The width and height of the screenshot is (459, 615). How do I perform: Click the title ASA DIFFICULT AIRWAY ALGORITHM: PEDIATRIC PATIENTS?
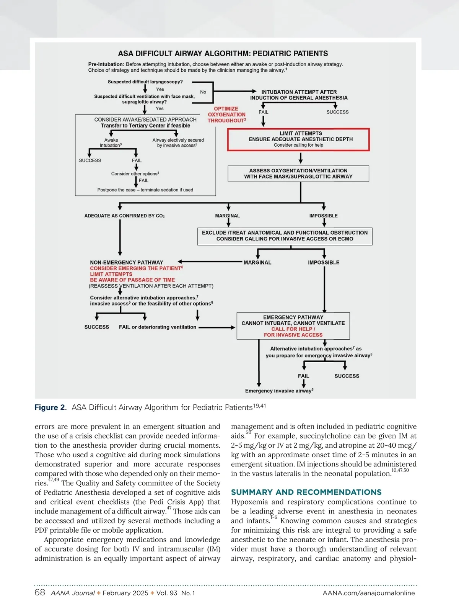(x=223, y=54)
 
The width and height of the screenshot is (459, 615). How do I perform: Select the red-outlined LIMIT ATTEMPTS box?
(x=298, y=139)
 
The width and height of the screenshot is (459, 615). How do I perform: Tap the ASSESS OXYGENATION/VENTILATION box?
(x=298, y=173)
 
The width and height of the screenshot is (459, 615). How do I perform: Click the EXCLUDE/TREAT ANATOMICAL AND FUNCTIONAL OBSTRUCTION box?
(x=285, y=236)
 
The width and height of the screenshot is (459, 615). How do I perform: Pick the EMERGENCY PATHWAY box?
(x=293, y=326)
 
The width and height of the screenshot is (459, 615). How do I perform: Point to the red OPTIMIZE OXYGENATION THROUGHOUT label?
(x=226, y=114)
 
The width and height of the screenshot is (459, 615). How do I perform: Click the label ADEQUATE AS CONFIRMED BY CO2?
(x=124, y=216)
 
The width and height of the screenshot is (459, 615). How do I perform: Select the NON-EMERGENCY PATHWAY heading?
(x=127, y=263)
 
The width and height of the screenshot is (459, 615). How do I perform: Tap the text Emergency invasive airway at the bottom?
(x=279, y=391)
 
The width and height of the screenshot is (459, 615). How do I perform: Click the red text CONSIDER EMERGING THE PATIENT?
(x=136, y=268)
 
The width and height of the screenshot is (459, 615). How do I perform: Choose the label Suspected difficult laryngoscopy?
(x=145, y=82)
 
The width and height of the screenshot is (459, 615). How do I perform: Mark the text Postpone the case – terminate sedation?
(x=145, y=190)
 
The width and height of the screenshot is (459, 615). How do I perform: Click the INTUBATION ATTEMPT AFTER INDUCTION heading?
(x=299, y=95)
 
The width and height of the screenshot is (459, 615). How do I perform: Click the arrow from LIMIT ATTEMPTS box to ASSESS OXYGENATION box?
(x=301, y=158)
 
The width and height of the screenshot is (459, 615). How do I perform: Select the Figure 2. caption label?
(x=50, y=407)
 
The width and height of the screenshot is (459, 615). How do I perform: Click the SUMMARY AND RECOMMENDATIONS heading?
(x=306, y=492)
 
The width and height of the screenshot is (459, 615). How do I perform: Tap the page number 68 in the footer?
(x=40, y=593)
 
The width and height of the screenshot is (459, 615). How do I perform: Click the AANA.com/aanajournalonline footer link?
(x=368, y=593)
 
